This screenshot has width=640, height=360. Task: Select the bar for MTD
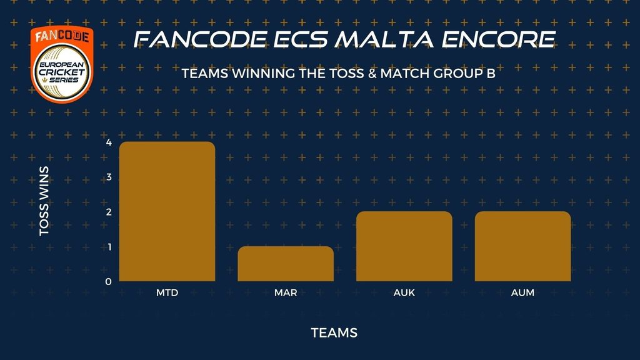point(167,211)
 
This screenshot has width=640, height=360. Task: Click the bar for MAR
point(286,264)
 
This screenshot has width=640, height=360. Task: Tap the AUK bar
point(404,246)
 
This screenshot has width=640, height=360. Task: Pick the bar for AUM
point(523,246)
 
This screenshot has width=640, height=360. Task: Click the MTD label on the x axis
point(167,292)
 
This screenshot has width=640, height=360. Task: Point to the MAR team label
point(286,292)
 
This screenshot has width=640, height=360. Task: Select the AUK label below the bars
point(404,292)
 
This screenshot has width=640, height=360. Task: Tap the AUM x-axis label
point(522,292)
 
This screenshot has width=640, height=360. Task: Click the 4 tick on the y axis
point(109,142)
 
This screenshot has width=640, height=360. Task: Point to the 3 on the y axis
point(109,177)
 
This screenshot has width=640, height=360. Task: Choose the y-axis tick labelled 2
point(109,212)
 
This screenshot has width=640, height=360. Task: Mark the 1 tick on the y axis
point(109,247)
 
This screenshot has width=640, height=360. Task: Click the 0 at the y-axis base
point(108,282)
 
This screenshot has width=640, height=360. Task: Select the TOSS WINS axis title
point(44,201)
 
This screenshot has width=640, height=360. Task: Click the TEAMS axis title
point(334,333)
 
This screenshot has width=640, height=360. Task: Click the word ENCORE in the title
point(498,39)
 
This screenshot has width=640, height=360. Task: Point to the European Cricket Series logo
point(62,64)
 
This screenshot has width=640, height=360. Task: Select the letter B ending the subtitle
point(491,74)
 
